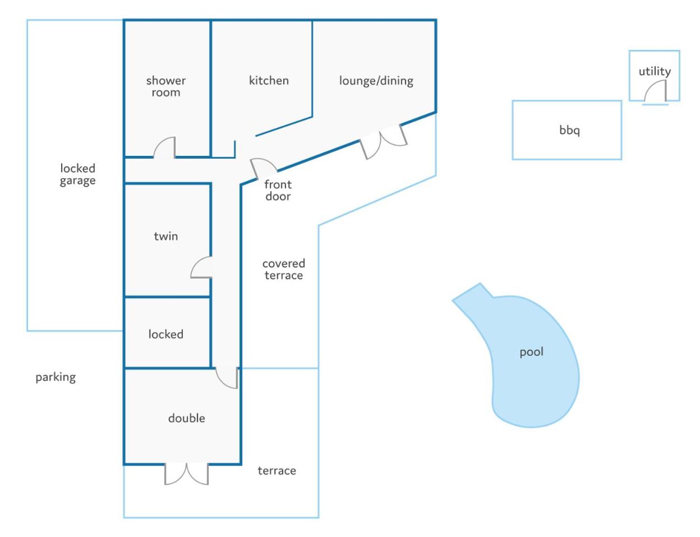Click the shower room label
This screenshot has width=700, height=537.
166,86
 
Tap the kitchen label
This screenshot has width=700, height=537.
269,81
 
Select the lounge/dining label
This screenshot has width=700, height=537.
376,81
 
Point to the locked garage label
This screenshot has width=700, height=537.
77,174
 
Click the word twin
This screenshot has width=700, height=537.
166,237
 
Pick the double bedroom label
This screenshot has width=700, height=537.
187,418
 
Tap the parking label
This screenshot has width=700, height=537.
56,377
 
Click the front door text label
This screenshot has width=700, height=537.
278,190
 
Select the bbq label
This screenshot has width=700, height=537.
569,131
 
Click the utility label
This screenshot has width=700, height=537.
655,71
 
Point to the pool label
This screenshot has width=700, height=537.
532,351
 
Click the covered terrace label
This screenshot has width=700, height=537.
283,269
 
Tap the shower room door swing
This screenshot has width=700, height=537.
164,147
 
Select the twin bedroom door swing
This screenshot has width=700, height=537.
201,267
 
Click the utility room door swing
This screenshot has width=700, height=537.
655,92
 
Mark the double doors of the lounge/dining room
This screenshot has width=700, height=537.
383,142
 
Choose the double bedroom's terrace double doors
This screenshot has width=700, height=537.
187,474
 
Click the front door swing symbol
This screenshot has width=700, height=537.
263,168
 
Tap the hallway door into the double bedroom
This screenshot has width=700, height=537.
227,378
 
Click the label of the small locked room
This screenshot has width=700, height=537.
166,334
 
